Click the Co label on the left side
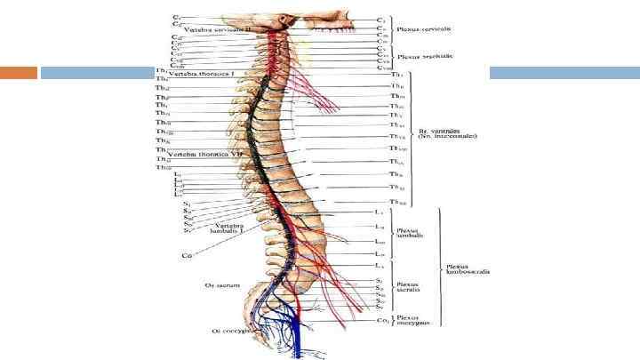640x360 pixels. (x=187, y=256)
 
